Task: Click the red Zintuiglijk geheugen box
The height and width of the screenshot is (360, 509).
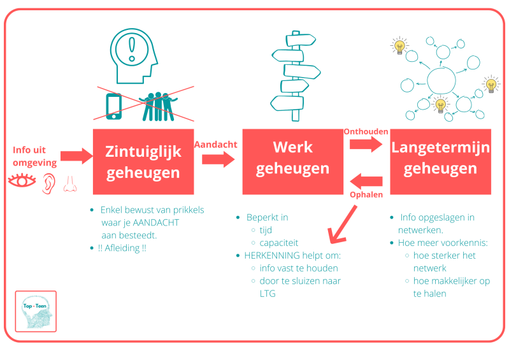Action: (x=143, y=162)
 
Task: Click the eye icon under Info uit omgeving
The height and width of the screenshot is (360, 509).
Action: (x=22, y=182)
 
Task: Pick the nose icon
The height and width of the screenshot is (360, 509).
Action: (x=69, y=184)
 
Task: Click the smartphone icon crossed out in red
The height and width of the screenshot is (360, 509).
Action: (x=114, y=106)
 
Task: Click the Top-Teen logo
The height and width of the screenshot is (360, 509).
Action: (x=36, y=311)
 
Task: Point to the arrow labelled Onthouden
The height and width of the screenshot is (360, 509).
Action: (x=365, y=145)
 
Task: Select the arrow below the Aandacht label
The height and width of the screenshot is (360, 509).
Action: (x=217, y=158)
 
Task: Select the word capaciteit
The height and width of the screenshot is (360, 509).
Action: (x=278, y=243)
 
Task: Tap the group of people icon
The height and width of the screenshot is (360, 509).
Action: (x=159, y=105)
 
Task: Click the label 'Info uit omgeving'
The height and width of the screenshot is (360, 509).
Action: (x=34, y=156)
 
